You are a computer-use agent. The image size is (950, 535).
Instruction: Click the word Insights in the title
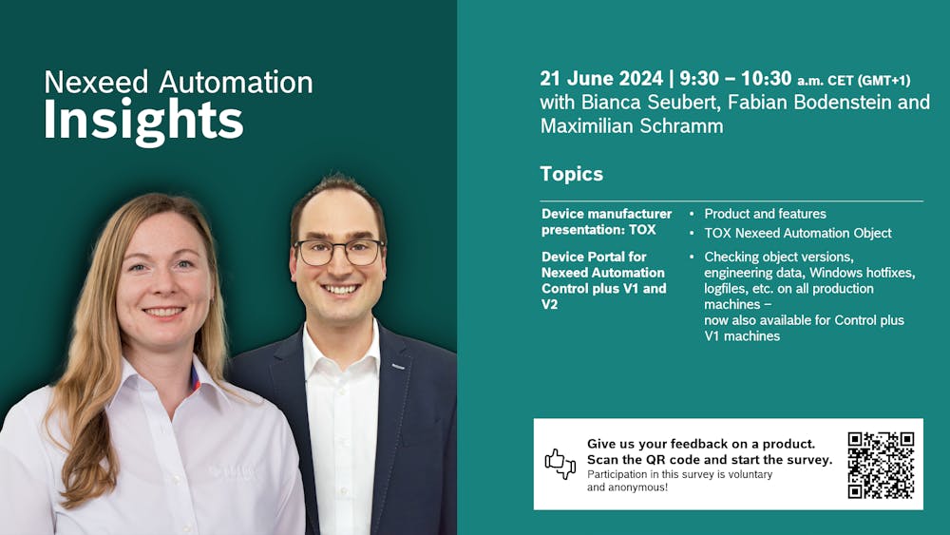143,121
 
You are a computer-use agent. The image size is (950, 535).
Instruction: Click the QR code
881,465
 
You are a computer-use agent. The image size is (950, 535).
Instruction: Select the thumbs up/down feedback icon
560,464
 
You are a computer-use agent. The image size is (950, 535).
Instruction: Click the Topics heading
571,174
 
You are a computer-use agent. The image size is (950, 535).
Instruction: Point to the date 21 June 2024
600,79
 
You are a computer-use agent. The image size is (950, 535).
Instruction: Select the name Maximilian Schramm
631,125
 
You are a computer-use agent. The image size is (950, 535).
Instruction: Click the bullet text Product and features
765,214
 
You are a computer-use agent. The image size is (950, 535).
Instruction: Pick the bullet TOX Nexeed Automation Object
797,233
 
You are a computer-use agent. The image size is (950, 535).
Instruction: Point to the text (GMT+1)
884,80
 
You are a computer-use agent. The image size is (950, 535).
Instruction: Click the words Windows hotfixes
861,273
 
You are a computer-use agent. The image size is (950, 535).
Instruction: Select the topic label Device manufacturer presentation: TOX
606,221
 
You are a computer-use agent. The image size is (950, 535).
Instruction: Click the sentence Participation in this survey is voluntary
679,474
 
